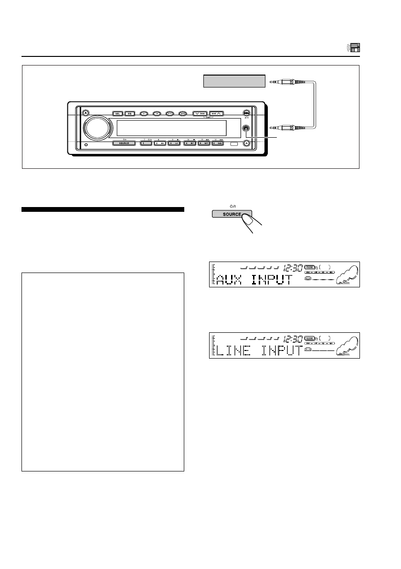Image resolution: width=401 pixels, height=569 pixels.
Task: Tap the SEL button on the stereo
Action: coord(117,113)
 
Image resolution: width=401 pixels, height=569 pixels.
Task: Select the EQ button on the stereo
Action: coord(129,113)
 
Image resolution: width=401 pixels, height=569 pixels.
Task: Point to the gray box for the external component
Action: coord(234,81)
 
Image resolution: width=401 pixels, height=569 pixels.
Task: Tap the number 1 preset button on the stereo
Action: coord(146,143)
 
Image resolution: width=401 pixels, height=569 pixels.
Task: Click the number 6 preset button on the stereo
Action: coord(216,143)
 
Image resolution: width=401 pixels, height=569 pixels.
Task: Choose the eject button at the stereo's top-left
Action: coord(84,113)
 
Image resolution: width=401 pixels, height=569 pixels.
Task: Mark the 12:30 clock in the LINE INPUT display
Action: coord(293,339)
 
